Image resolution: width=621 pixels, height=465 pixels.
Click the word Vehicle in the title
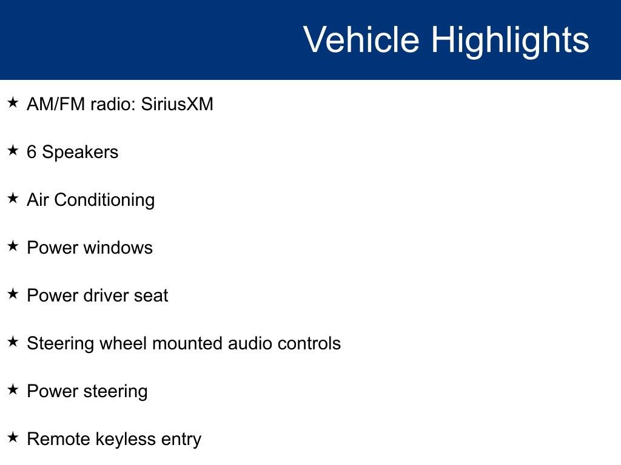coord(361,40)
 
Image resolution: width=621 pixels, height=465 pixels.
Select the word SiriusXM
coord(177,104)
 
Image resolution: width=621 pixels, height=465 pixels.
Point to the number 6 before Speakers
coord(32,152)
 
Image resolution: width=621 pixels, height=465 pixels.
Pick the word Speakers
coord(80,152)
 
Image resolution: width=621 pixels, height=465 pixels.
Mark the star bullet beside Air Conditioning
coord(13,198)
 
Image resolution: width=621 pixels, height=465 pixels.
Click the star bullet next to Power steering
coord(13,389)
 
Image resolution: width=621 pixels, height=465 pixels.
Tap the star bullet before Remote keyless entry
coord(13,437)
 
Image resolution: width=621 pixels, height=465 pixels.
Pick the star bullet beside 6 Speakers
coord(13,150)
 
